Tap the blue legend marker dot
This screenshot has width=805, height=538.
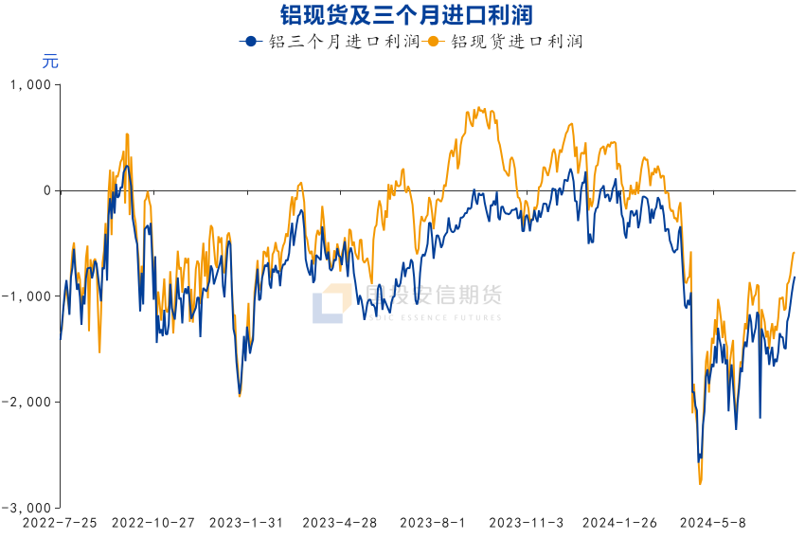click(250, 42)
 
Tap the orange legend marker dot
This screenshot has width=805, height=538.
click(434, 42)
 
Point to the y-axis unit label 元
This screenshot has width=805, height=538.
click(50, 63)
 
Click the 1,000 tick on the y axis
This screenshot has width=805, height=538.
click(29, 85)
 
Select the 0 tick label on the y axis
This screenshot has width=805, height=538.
click(45, 190)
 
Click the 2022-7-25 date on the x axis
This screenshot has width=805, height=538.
click(59, 523)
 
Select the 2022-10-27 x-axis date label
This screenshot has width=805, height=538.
click(152, 523)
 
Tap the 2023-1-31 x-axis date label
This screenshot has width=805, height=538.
click(246, 523)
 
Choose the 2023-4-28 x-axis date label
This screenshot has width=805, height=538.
click(339, 523)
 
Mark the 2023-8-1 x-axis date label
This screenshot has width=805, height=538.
click(433, 523)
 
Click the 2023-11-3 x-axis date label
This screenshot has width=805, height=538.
click(527, 523)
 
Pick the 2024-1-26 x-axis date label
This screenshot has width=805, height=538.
click(619, 523)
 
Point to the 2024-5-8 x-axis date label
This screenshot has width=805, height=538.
click(713, 523)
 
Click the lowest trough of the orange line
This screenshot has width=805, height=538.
click(700, 484)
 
